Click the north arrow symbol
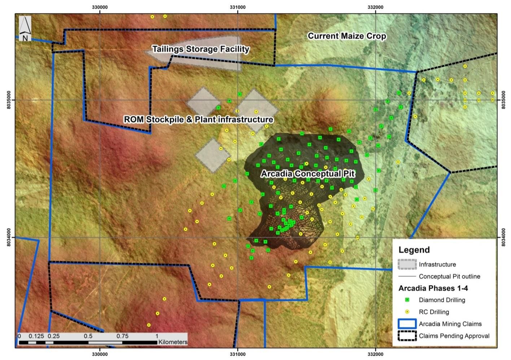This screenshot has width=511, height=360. (25, 28)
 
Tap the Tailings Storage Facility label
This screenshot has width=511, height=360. (201, 49)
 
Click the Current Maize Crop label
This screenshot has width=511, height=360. (347, 36)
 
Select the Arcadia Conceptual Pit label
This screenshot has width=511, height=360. (308, 174)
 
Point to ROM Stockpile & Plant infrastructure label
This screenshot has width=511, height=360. (198, 120)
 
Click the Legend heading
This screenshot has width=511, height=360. (414, 250)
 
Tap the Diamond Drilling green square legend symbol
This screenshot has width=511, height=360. (407, 300)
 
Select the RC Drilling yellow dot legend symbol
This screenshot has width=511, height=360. (407, 312)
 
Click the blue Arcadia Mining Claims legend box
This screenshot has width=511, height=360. (407, 324)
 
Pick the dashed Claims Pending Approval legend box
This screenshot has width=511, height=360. (407, 336)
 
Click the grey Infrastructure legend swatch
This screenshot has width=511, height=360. (407, 264)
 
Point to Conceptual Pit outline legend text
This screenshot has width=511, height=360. (449, 277)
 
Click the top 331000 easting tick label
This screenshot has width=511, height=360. (237, 7)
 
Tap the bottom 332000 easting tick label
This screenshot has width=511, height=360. (375, 354)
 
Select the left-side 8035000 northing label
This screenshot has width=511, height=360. (8, 100)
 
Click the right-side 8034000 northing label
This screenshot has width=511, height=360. (504, 238)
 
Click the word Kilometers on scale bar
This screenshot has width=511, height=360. (173, 342)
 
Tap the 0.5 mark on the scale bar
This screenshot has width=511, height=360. (88, 336)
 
